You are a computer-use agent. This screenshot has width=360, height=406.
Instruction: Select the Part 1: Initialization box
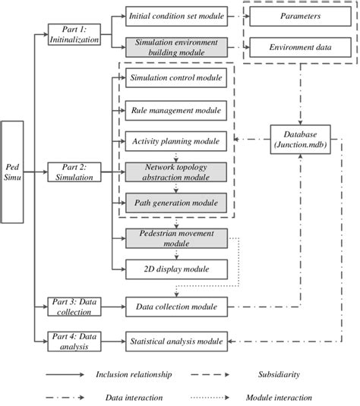coord(70,33)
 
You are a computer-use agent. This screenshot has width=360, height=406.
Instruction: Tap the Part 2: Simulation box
coord(70,172)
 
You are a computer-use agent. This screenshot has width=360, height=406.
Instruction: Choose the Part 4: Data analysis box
coord(70,341)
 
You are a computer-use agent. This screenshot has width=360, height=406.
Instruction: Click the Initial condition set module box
coord(176,15)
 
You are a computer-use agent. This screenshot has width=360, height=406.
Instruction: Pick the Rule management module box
coord(176,110)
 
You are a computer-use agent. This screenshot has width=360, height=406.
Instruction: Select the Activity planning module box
coord(176,141)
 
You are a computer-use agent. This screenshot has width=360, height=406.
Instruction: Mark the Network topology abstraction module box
coord(176,172)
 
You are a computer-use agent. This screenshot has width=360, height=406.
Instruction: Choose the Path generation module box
coord(176,203)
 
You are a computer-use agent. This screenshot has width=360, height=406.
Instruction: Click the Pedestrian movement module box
coord(176,238)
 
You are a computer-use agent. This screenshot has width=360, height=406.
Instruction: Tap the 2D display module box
coord(176,269)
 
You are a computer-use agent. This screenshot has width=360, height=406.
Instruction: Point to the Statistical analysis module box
coord(176,341)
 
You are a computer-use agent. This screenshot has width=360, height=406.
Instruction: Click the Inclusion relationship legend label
coord(134,374)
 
